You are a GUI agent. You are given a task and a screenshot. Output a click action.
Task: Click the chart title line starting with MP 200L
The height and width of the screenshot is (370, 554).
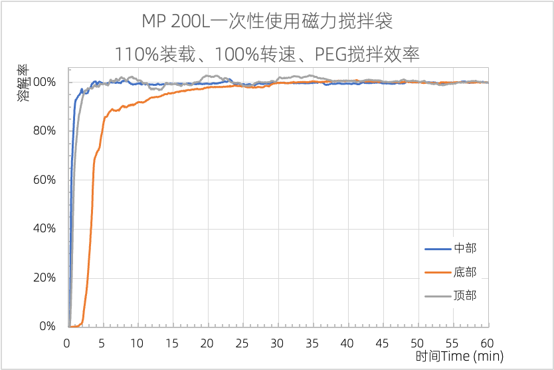click(267, 21)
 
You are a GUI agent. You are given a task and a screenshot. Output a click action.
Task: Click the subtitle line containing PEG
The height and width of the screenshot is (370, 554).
click(267, 53)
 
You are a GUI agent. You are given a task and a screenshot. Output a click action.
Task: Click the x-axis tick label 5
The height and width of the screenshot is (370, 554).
click(102, 343)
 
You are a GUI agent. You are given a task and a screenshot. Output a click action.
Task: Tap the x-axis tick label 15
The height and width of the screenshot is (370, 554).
click(172, 343)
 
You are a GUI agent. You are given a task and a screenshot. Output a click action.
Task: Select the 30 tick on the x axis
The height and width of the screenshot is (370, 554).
click(277, 343)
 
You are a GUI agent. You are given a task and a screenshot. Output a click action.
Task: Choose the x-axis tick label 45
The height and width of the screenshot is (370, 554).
click(382, 343)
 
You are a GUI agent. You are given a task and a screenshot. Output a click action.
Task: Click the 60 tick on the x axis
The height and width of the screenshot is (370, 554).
click(487, 343)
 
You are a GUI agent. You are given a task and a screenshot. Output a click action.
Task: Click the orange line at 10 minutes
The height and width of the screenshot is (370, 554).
click(137, 102)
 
